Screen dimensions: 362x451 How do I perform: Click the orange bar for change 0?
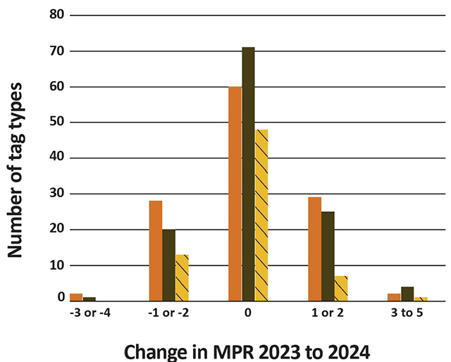point(235,194)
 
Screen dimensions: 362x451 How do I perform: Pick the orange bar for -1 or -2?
point(156,251)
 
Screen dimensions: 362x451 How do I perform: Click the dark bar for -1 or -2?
point(168,265)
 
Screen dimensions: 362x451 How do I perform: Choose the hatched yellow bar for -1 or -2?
point(182,277)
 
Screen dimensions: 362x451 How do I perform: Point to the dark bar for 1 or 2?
point(328,256)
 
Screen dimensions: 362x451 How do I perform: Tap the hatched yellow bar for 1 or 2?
point(341,288)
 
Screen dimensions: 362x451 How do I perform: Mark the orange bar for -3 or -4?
point(76,297)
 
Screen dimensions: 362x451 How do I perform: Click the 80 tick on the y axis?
point(56,15)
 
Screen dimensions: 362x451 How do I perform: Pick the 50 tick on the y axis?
point(56,123)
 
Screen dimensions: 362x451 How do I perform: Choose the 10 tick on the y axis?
point(56,266)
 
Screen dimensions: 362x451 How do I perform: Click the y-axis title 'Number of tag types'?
point(19,169)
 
